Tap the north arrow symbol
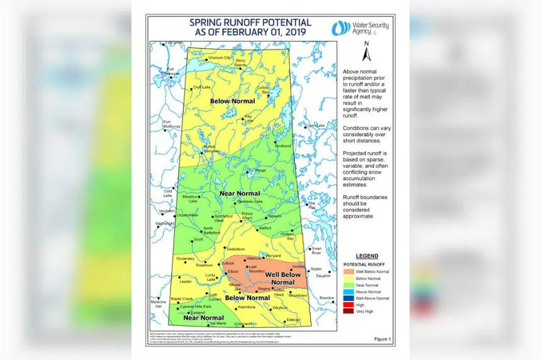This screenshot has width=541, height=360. pos(367,53)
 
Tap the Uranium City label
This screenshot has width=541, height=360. pos(220,57)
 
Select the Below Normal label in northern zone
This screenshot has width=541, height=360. pos(232,101)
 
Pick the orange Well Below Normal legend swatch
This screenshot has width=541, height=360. pos(350,271)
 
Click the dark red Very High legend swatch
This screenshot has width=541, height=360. pos(350,312)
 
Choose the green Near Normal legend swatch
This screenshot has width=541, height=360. pos(350,284)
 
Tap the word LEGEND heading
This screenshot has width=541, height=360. pos(367,256)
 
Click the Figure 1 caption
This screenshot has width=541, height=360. pos(382,339)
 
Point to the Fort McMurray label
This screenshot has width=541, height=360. pos(171,124)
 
